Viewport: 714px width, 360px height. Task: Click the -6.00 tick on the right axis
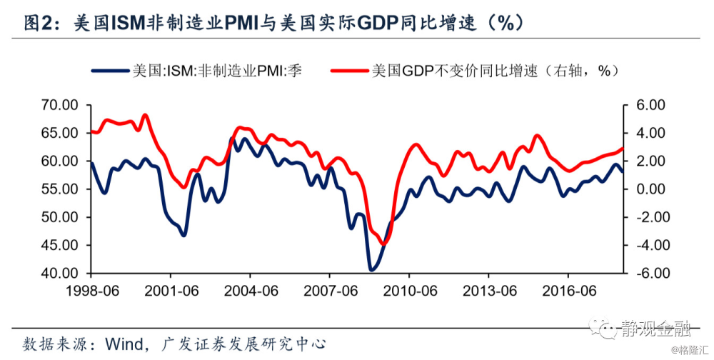(x=648, y=274)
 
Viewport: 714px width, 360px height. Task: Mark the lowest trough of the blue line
(x=371, y=270)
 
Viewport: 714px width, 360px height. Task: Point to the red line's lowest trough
(x=383, y=244)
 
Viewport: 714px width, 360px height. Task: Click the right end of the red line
(x=623, y=149)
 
